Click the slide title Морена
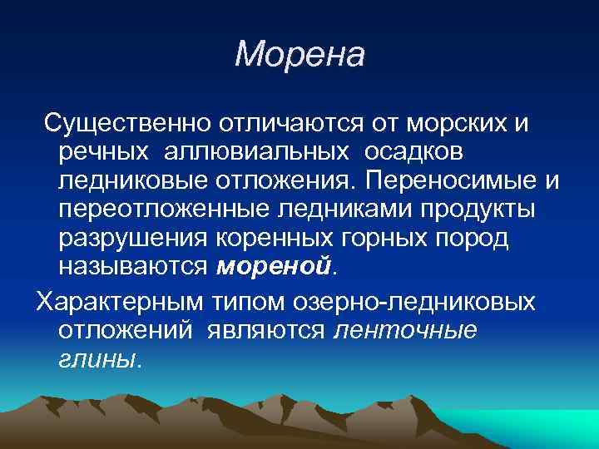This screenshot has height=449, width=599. [299, 56]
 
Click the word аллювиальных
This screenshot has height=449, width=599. [250, 152]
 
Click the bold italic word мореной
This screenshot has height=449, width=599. [273, 266]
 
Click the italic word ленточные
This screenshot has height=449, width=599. [405, 329]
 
